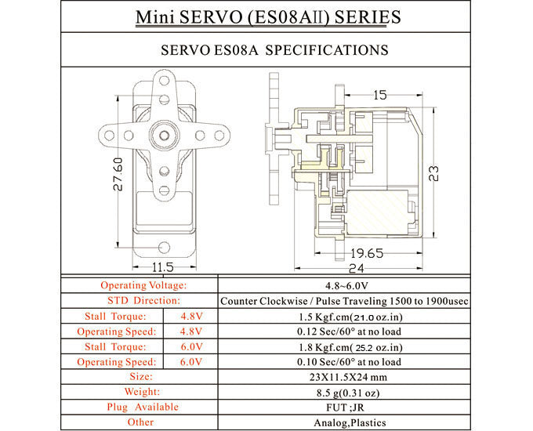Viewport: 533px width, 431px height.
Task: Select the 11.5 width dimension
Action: pos(162,267)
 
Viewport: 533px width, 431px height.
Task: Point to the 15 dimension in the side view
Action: pos(379,96)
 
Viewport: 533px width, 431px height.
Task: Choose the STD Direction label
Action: pos(143,301)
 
